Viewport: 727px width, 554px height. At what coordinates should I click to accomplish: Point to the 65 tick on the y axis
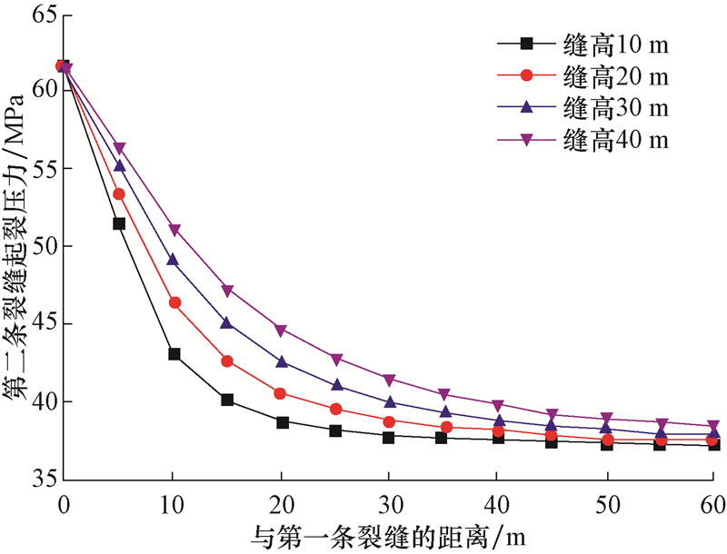coord(42,14)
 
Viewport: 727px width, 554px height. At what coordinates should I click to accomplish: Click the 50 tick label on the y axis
coord(42,246)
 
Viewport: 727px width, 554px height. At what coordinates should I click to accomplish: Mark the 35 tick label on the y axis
coord(42,479)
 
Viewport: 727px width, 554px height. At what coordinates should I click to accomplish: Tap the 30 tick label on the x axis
coord(389,501)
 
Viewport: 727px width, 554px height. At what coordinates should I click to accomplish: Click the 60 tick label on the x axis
coord(712,501)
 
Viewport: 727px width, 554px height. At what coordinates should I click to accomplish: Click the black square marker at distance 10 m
coord(174,354)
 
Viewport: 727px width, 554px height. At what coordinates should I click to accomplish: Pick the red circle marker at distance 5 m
coord(119,193)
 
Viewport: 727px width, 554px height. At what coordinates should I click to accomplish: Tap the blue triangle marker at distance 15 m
coord(227,322)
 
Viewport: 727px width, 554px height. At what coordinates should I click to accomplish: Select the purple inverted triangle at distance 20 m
coord(282,331)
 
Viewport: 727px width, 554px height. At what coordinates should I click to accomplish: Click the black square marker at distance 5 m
coord(119,223)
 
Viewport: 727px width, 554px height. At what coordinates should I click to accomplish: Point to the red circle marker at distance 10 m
coord(174,302)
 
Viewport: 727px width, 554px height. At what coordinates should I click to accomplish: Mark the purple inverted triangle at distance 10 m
coord(174,231)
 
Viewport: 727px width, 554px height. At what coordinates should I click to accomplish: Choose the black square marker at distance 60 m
coord(713,444)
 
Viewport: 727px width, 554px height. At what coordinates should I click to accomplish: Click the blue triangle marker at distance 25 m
coord(335,385)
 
